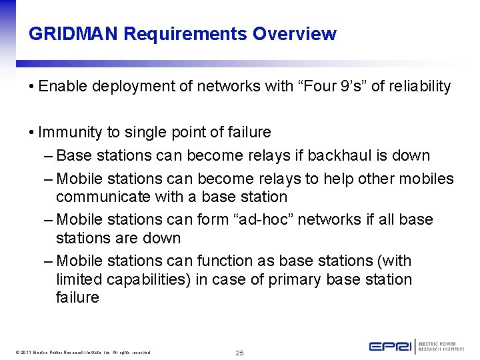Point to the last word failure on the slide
77,298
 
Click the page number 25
240,352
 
